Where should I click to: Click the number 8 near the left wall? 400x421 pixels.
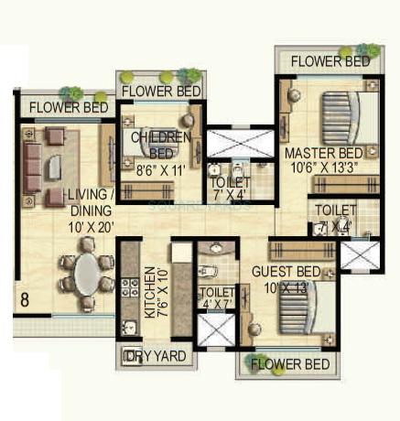(25, 298)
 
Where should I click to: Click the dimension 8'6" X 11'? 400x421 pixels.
(161, 169)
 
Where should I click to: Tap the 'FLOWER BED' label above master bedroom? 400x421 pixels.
(330, 61)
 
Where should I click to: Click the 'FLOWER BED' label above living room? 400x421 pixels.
(69, 107)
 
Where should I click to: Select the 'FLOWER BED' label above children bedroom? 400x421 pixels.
(162, 92)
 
